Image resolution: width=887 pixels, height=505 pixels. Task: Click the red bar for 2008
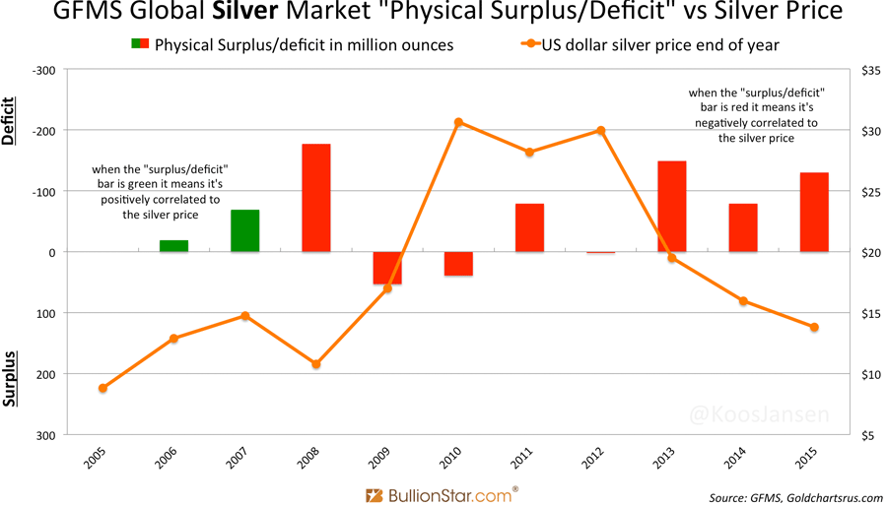(315, 198)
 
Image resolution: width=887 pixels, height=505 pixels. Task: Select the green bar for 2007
(244, 230)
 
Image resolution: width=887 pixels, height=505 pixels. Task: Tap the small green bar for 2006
(173, 245)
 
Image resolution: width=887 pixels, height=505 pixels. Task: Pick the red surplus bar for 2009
(387, 268)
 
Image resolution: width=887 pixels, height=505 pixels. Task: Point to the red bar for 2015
(814, 212)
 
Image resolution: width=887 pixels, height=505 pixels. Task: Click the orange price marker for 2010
(458, 122)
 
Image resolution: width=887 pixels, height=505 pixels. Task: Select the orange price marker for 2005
(102, 388)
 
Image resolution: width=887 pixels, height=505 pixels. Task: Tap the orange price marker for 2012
(600, 131)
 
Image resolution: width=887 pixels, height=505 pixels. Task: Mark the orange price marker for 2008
(315, 364)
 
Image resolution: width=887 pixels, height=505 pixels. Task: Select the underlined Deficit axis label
(11, 121)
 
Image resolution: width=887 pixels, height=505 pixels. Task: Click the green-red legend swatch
(139, 44)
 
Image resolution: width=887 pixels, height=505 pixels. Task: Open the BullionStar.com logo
(442, 494)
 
